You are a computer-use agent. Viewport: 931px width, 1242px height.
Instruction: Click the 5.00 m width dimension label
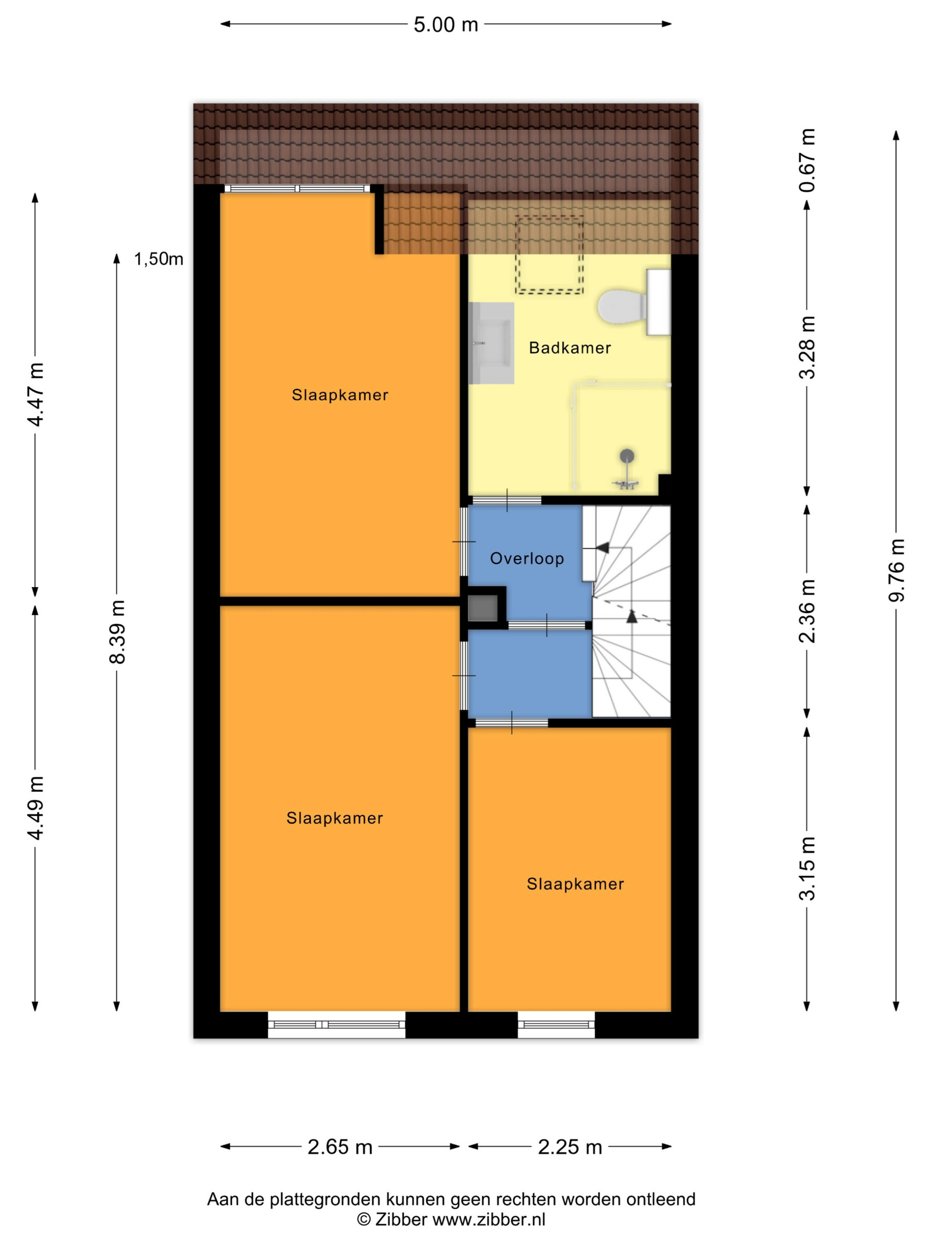point(446,25)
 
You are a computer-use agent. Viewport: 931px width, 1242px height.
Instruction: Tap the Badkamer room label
point(570,348)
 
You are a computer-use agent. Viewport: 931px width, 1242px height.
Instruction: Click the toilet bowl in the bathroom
point(622,307)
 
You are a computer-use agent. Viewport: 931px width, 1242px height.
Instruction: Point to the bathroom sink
point(491,343)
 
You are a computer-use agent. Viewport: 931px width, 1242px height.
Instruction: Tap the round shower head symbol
point(626,456)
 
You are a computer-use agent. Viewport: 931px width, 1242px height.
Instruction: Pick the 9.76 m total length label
point(897,570)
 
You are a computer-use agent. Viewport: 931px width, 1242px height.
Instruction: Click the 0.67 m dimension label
point(807,161)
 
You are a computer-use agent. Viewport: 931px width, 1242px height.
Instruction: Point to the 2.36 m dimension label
point(807,610)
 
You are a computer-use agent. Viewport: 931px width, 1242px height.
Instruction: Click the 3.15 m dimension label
point(807,868)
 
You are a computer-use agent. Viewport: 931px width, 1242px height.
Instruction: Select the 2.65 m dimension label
point(340,1147)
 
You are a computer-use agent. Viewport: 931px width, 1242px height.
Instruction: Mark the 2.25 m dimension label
point(570,1147)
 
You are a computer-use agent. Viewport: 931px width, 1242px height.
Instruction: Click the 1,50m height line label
point(158,259)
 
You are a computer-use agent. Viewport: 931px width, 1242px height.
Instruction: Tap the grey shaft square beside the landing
point(483,608)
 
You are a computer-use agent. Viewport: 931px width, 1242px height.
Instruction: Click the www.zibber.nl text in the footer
point(488,1219)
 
